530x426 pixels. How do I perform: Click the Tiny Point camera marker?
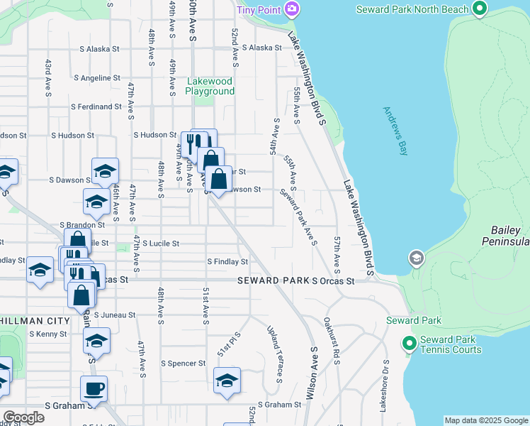point(291,9)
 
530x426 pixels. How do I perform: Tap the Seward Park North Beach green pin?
point(480,9)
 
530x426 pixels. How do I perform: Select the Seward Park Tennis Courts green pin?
point(409,344)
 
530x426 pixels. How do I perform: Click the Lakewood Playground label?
point(210,86)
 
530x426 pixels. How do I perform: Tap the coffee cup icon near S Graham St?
point(94,388)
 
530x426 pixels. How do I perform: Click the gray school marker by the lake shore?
point(417,258)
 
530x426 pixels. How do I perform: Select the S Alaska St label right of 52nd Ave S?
point(261,48)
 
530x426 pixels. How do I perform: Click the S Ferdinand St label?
point(96,106)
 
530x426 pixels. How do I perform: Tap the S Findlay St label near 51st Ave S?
point(227,262)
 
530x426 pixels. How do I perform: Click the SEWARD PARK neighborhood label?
point(274,280)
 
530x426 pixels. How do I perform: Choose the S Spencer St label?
point(183,364)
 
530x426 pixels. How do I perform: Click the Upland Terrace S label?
point(274,354)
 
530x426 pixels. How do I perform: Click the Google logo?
point(23,417)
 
